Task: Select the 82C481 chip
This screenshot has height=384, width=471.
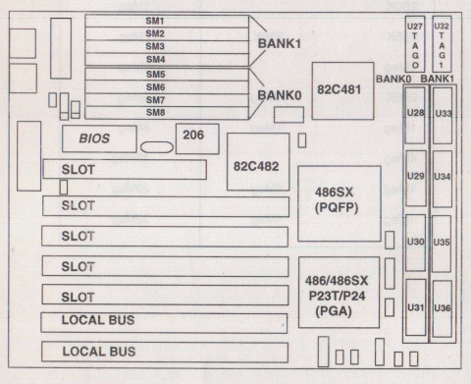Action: tap(342, 90)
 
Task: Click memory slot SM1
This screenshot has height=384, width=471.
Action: tap(155, 21)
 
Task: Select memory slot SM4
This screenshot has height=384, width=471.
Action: tap(155, 60)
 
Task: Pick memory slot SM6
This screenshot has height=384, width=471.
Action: tap(155, 87)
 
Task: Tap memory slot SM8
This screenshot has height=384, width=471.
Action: tap(155, 113)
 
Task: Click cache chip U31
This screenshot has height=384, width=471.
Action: tap(415, 308)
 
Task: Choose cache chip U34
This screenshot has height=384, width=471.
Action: tap(443, 178)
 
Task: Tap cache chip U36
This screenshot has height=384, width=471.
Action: tap(443, 308)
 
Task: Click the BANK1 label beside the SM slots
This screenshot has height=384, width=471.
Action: tap(283, 45)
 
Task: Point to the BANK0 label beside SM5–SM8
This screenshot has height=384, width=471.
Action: tap(283, 96)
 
